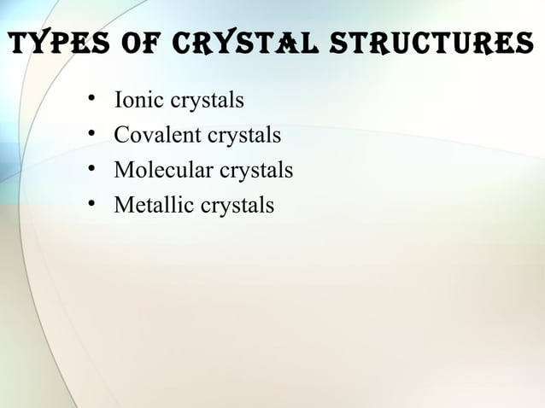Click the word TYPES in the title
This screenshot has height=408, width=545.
[x=55, y=44]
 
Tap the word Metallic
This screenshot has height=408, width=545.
[x=149, y=206]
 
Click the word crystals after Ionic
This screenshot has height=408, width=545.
[x=208, y=102]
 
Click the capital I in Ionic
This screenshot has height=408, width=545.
[x=119, y=101]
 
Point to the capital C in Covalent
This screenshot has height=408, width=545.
[x=120, y=136]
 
